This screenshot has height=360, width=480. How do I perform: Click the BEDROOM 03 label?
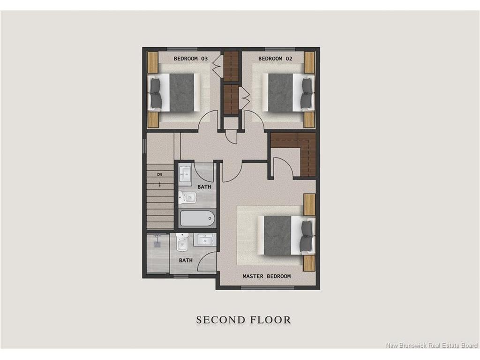tap(191, 59)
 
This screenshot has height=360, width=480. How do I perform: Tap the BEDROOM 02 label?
tap(275, 59)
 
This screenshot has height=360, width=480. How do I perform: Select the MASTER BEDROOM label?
tap(267, 276)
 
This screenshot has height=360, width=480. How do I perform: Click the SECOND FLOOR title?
tap(243, 320)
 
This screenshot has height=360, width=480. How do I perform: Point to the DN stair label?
tap(159, 174)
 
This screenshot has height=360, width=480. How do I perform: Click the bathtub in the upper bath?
tap(197, 218)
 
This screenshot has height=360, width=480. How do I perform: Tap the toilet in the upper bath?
tap(187, 197)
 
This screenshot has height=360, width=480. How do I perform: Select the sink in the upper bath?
tap(185, 174)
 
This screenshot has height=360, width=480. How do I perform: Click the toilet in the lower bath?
tap(182, 242)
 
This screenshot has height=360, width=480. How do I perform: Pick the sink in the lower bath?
tap(205, 240)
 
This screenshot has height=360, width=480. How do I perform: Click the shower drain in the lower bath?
tap(158, 244)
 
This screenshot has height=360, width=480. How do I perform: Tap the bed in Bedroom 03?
tap(174, 92)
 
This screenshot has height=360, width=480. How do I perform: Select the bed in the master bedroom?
tap(286, 235)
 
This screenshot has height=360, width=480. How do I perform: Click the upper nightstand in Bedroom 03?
tap(153, 62)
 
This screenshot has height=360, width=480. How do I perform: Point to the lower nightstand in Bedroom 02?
tap(309, 120)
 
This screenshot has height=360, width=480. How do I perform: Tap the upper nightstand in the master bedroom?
tap(309, 204)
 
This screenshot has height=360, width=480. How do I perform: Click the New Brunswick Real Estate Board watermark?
tap(432, 345)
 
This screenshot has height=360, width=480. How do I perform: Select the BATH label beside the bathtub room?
tap(204, 187)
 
